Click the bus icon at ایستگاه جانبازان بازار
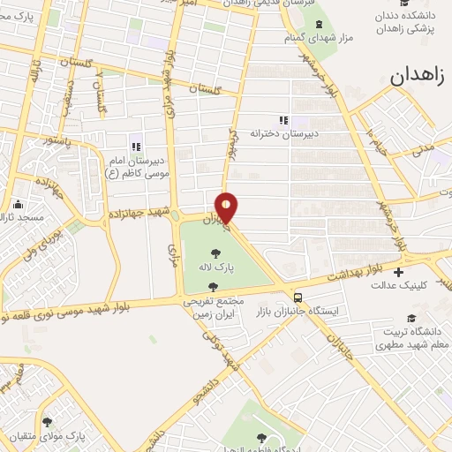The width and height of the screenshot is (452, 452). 298,298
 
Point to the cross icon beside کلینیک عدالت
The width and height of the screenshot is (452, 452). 398,272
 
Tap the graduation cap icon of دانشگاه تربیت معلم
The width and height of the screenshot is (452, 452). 409,318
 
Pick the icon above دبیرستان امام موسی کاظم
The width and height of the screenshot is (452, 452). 135,147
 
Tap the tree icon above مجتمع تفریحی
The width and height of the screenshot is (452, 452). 212,286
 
